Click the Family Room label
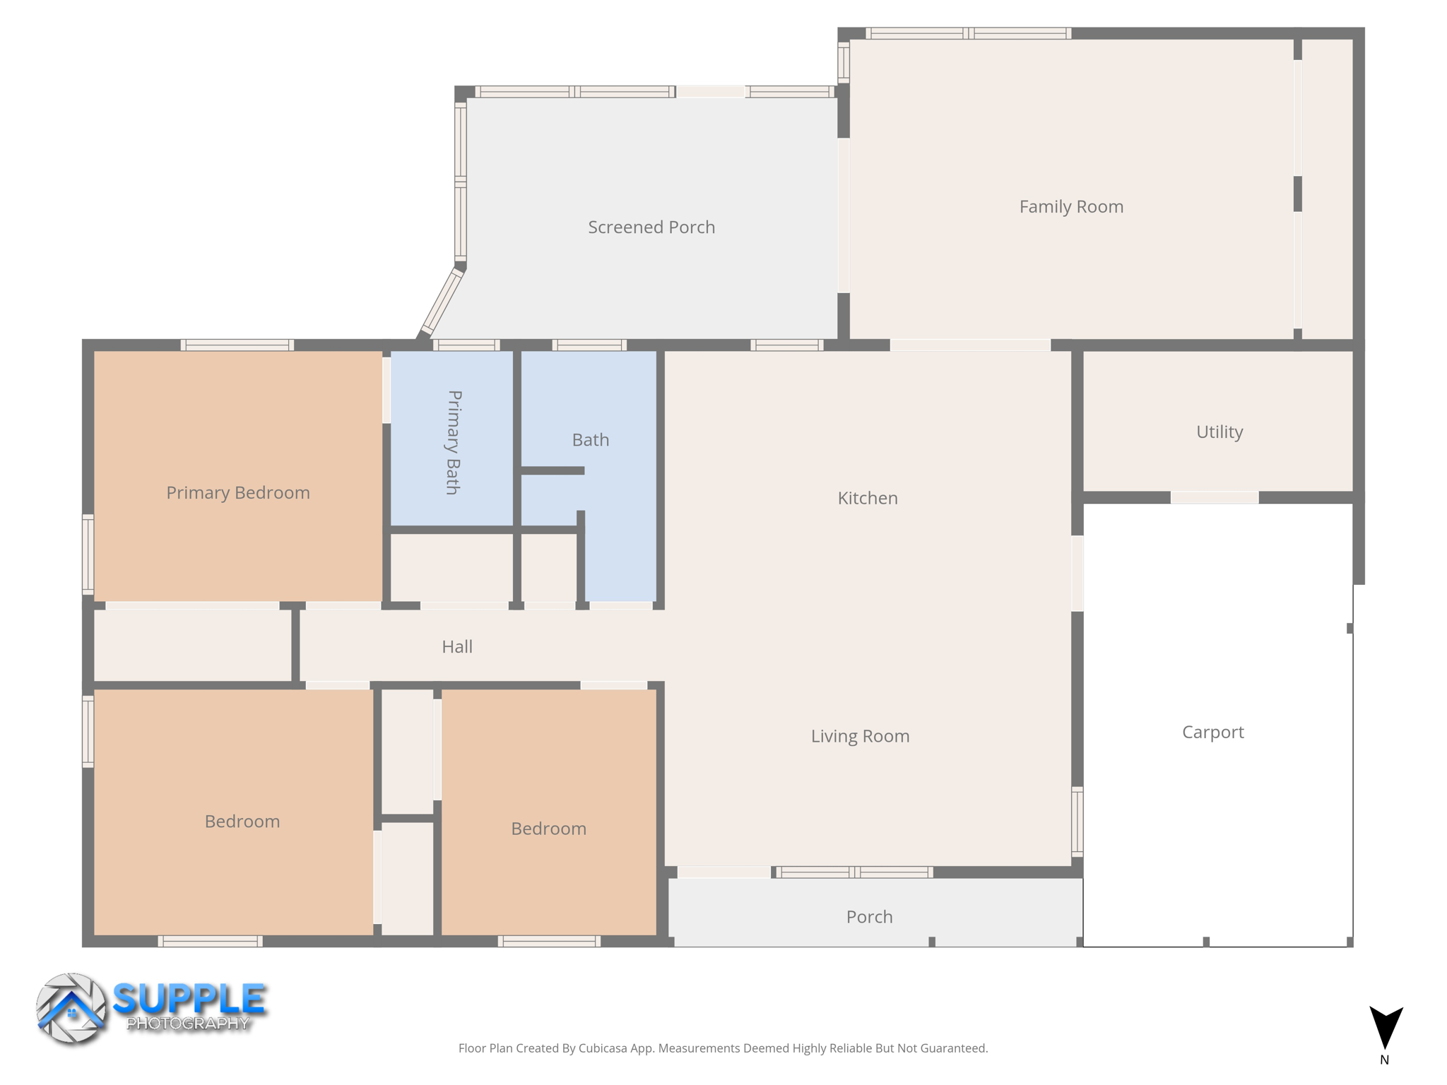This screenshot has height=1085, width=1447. click(1070, 207)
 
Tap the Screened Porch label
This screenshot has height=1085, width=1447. click(651, 227)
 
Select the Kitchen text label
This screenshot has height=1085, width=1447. click(867, 498)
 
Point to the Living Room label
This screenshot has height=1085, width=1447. click(859, 736)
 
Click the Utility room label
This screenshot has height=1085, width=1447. click(1219, 432)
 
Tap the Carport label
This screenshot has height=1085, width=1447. click(1212, 732)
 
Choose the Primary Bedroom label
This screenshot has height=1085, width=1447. click(237, 492)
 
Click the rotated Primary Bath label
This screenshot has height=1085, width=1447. click(454, 442)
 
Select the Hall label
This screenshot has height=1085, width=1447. click(456, 646)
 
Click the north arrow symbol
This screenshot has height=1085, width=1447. click(1386, 1026)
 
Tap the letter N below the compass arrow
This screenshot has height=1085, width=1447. click(1384, 1060)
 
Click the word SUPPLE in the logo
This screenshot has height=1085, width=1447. click(189, 999)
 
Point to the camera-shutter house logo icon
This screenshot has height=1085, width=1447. click(71, 1009)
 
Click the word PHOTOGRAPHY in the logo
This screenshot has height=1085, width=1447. click(187, 1024)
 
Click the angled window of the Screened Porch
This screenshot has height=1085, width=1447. click(442, 302)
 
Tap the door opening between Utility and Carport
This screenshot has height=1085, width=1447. click(1214, 498)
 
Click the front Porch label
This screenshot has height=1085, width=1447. click(869, 917)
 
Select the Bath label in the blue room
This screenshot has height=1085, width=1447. click(590, 440)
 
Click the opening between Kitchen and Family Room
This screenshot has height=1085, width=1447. click(969, 345)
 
